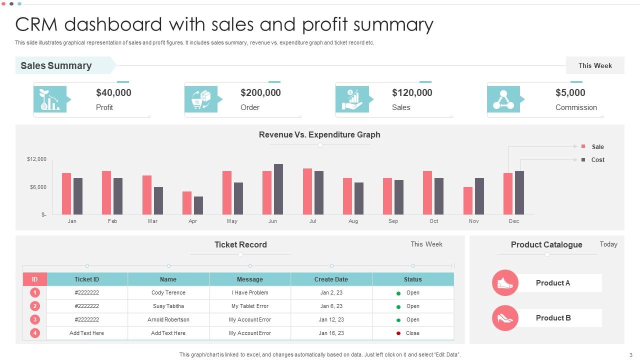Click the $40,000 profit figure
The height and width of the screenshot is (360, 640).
[113, 92]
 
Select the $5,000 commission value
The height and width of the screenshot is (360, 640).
[570, 92]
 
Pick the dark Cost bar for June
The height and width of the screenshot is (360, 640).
[278, 189]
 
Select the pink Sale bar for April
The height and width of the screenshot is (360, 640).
[187, 202]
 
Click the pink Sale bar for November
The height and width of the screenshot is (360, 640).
[468, 200]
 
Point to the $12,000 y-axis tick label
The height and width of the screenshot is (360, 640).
[36, 159]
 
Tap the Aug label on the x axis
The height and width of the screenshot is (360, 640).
[353, 221]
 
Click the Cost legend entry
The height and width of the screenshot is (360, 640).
[597, 160]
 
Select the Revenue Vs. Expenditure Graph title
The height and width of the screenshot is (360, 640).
[319, 134]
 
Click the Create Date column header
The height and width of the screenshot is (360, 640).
[331, 279]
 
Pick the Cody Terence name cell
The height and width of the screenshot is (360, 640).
[168, 292]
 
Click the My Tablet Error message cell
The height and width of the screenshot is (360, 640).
[249, 306]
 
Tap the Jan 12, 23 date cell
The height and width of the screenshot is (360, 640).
[331, 319]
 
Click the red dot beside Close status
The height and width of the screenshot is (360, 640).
[398, 333]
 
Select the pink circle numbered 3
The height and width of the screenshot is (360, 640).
[35, 319]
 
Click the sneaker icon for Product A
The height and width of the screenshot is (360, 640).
[505, 283]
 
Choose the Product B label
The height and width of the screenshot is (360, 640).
[553, 318]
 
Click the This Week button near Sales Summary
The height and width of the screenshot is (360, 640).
[595, 65]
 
